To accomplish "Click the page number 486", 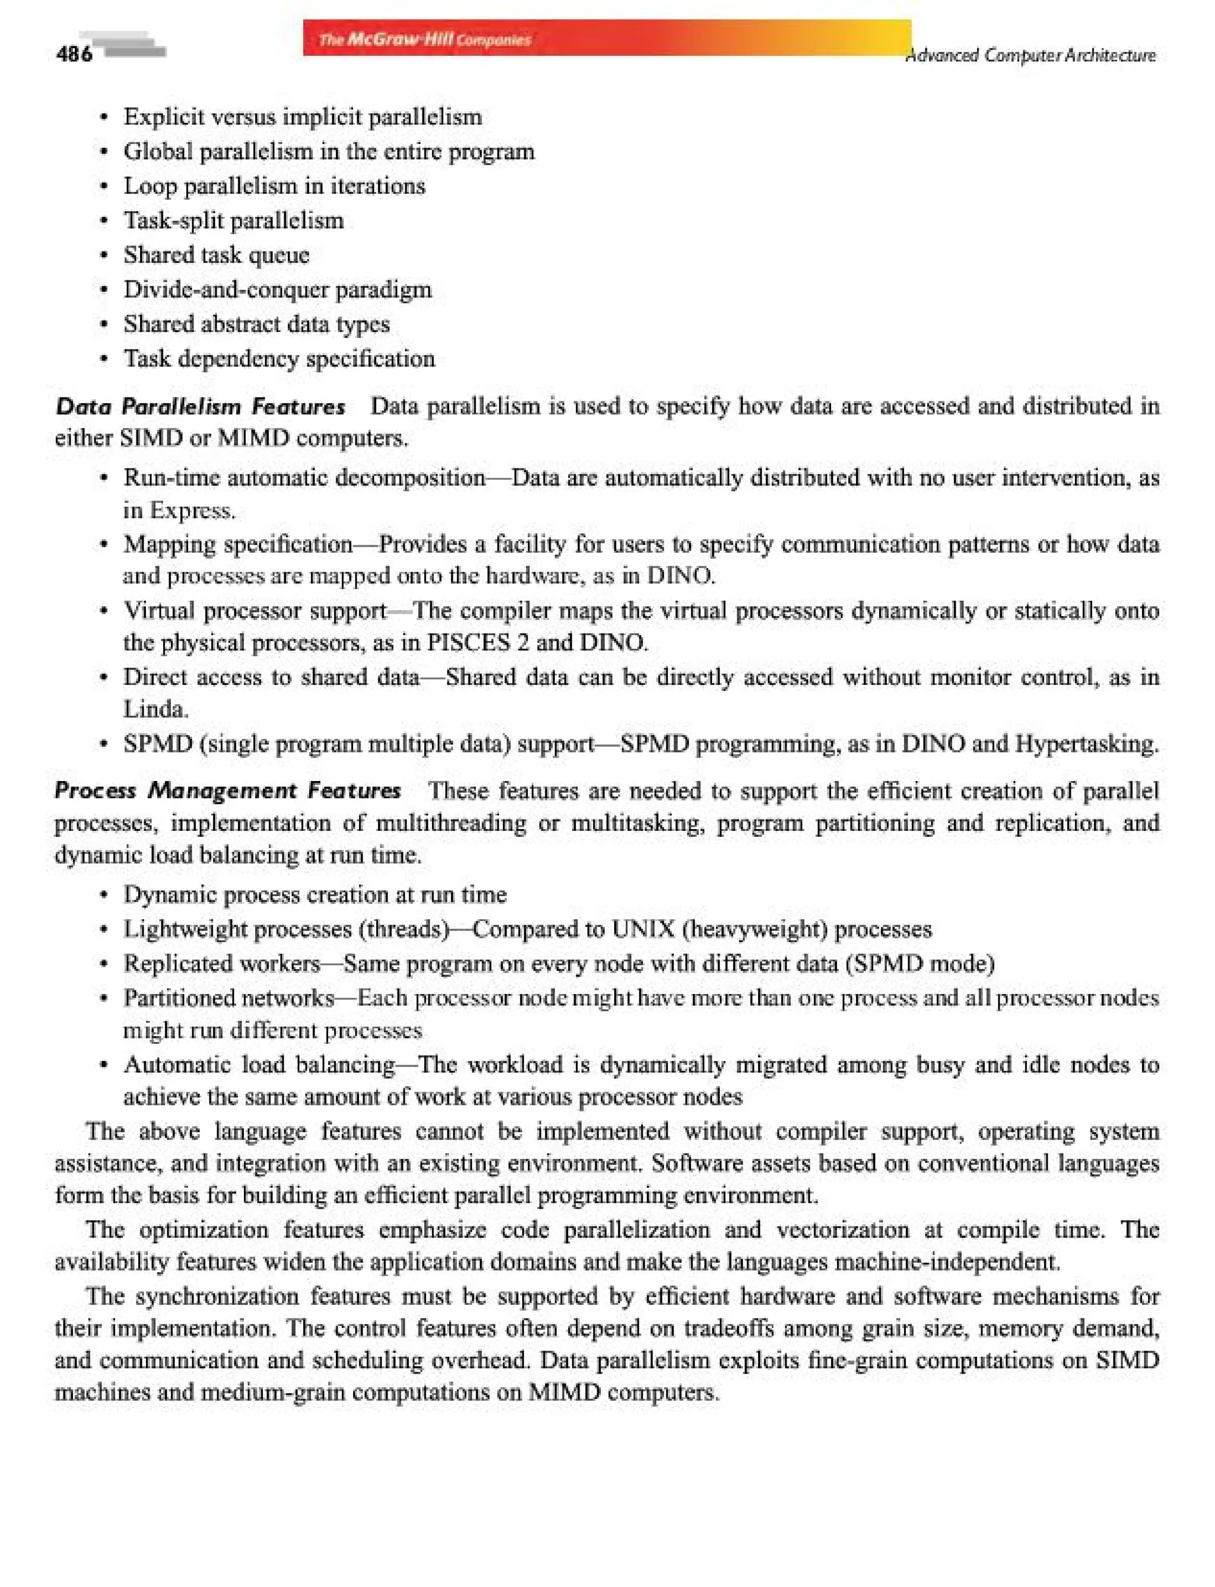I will [x=74, y=54].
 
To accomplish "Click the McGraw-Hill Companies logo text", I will [x=425, y=39].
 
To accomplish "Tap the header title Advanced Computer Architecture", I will [x=1030, y=56].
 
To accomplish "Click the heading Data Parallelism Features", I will [x=201, y=406].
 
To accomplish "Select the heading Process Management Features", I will [x=228, y=791].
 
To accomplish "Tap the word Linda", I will [x=155, y=709].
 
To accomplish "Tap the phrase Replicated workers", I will [x=221, y=963].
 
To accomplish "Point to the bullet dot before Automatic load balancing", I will [x=105, y=1065].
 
